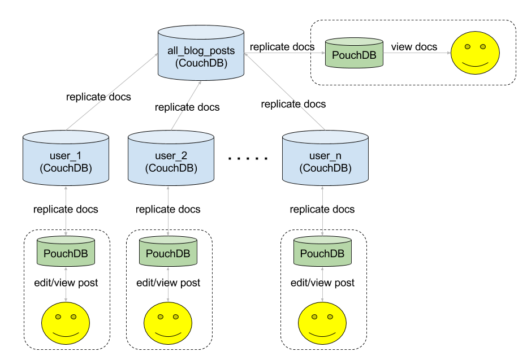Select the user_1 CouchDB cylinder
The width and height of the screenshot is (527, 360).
66,158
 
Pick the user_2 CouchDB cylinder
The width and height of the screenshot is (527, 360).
171,158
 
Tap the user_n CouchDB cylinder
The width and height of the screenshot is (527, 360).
325,158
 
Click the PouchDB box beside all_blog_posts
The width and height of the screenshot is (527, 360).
354,54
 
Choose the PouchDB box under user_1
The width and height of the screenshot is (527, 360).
66,251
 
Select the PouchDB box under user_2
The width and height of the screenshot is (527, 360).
169,251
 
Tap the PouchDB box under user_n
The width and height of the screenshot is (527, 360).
322,251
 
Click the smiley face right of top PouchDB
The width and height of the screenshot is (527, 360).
476,53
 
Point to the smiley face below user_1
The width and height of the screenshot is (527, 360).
66,323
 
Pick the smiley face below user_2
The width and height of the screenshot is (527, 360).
168,323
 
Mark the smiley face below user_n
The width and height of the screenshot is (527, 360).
322,323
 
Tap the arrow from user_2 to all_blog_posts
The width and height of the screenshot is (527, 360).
185,105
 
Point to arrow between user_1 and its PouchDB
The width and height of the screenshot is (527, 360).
66,210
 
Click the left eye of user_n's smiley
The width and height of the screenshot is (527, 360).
314,316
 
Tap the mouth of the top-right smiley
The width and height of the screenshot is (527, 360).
476,64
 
